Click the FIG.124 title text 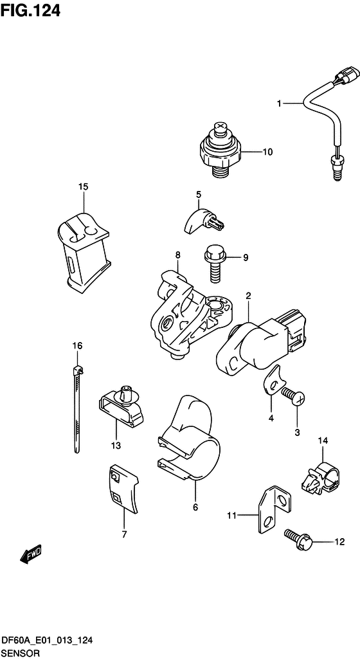pyautogui.click(x=30, y=10)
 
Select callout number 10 pyautogui.click(x=267, y=152)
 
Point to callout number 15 pyautogui.click(x=83, y=186)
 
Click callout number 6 pyautogui.click(x=195, y=508)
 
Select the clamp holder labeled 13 pyautogui.click(x=121, y=406)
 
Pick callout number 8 pyautogui.click(x=177, y=255)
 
